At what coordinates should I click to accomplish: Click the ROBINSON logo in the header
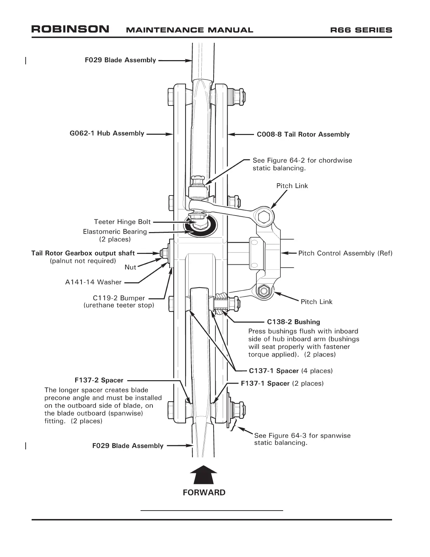70,29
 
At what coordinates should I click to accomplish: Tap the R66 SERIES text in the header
361,30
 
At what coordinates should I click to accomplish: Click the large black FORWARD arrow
203,475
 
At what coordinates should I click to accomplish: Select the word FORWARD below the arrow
204,492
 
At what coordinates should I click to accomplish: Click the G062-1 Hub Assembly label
107,133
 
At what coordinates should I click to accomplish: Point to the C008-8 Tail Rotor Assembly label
303,134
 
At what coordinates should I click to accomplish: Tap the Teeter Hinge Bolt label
122,222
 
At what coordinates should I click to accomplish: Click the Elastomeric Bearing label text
115,232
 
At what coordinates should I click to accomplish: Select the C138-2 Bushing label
293,322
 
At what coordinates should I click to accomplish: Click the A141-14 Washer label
93,282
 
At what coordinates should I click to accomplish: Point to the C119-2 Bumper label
119,298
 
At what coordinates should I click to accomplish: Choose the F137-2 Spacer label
99,380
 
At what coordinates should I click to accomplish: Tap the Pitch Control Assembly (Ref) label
345,253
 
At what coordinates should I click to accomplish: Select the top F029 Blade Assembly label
120,60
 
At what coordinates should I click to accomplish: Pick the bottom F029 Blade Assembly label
128,446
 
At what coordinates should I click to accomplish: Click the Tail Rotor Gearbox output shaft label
83,253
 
